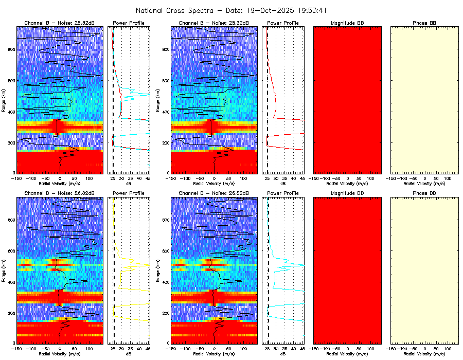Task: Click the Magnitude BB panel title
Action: pos(347,23)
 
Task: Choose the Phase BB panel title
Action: pos(424,23)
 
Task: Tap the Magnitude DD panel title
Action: pos(347,193)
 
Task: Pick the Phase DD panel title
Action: pos(424,193)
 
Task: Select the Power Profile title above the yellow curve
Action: pos(129,193)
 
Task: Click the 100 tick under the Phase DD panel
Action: pos(448,348)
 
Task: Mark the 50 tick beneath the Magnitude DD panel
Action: pos(359,348)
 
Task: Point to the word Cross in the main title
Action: pos(177,10)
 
